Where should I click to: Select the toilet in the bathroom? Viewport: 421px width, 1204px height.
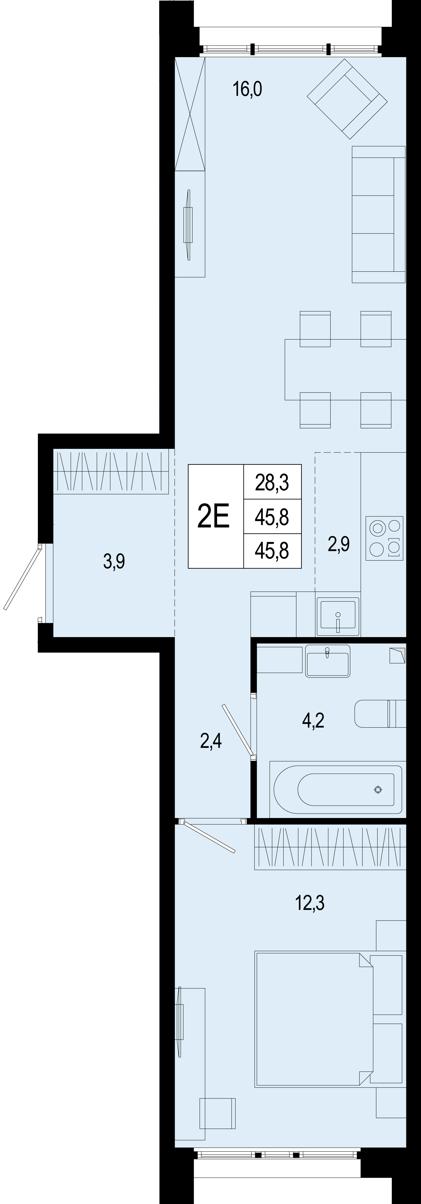click(380, 713)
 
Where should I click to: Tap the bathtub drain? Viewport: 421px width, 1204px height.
click(378, 790)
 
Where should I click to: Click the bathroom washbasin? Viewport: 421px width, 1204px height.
click(327, 661)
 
